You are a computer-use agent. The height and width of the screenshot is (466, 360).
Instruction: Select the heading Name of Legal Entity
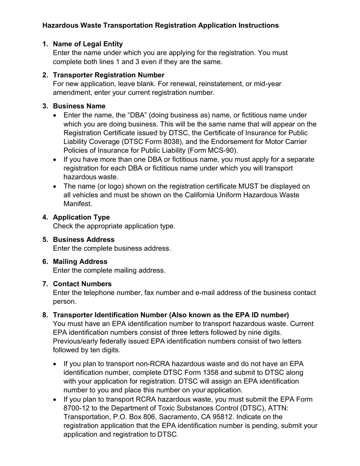tap(88, 44)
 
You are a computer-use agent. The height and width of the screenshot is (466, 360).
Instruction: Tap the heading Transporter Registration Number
tap(108, 75)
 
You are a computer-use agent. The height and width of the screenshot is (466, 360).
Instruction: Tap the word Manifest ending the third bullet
tap(78, 204)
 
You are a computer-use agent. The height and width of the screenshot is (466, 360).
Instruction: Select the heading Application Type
tap(81, 217)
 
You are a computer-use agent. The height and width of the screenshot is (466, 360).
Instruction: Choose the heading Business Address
tap(83, 239)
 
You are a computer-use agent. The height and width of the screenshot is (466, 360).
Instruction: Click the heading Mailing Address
tap(80, 261)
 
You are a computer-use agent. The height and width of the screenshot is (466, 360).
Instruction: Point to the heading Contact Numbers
tap(82, 284)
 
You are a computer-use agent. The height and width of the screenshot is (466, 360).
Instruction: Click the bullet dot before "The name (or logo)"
tap(56, 186)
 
